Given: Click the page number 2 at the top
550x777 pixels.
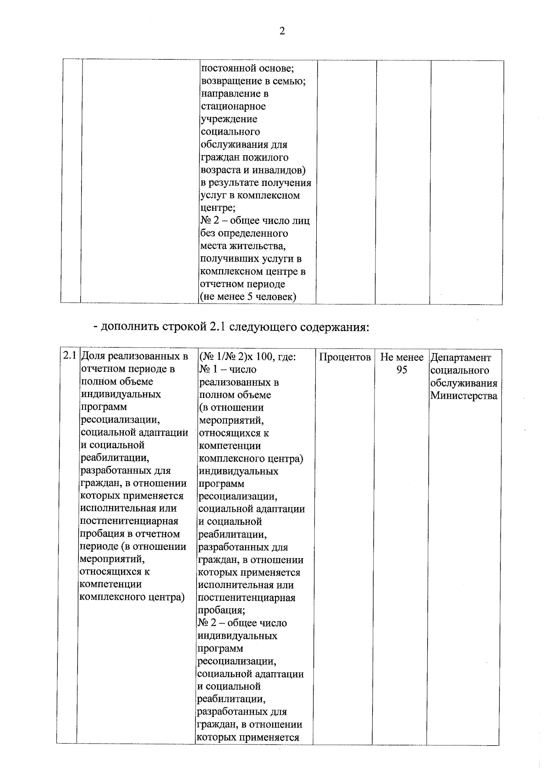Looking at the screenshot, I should (x=281, y=31).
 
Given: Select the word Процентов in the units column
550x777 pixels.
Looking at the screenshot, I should (x=345, y=357).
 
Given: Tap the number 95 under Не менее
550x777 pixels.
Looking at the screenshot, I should (x=401, y=370).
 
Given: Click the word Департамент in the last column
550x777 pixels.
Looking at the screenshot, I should (x=460, y=358).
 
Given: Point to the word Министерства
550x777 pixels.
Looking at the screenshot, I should (x=463, y=396).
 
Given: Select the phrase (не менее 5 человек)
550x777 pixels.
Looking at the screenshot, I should (x=248, y=297).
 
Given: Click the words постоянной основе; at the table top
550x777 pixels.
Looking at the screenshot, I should (x=247, y=68).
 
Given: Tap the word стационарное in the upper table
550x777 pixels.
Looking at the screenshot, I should (x=233, y=106).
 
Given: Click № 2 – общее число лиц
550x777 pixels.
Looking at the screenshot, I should (x=255, y=221).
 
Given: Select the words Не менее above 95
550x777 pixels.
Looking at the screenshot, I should (x=401, y=357).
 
